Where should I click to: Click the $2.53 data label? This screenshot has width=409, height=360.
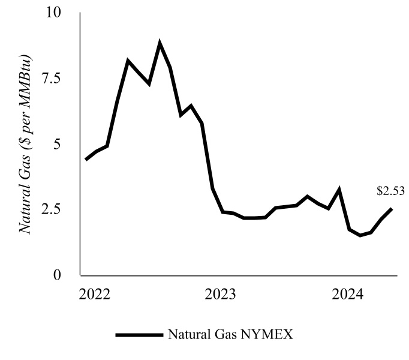pyautogui.click(x=390, y=191)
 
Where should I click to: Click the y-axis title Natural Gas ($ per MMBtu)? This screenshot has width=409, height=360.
pyautogui.click(x=25, y=144)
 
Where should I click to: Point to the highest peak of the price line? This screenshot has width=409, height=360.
pyautogui.click(x=160, y=43)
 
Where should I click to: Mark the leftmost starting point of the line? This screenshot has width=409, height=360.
pyautogui.click(x=86, y=159)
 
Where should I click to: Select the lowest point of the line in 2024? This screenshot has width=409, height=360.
pyautogui.click(x=360, y=235)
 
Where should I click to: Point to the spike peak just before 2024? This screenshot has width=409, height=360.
pyautogui.click(x=339, y=190)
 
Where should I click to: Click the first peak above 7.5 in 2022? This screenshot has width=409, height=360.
pyautogui.click(x=128, y=61)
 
